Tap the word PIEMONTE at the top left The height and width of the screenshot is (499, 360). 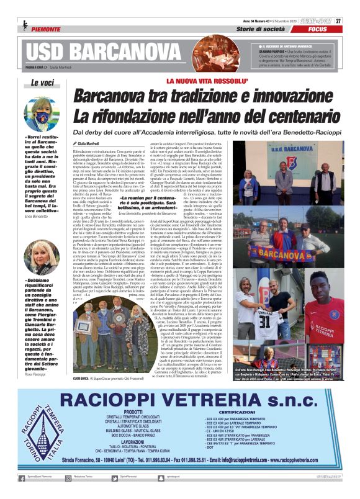point(45,29)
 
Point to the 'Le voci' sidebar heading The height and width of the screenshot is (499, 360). point(41,83)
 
